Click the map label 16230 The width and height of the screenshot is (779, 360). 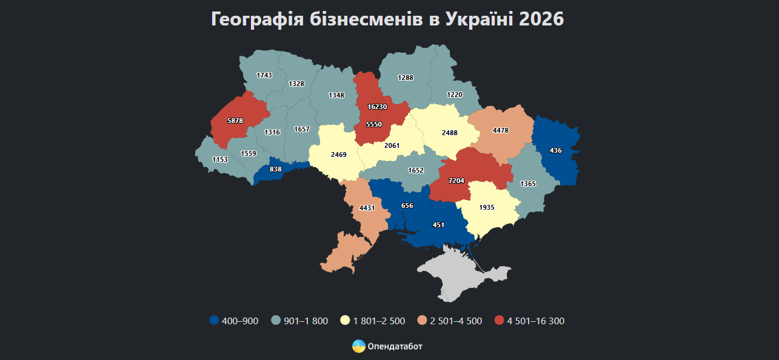[377, 107]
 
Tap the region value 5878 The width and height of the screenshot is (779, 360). [235, 121]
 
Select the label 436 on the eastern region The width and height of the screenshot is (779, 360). [555, 150]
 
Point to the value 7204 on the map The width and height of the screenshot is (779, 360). [456, 181]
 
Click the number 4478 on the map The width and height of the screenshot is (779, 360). [501, 130]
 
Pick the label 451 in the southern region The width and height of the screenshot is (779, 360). [438, 225]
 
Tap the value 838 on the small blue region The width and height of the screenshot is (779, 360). [275, 169]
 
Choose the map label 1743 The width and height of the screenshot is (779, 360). [264, 75]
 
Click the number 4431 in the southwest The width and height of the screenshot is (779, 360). [367, 208]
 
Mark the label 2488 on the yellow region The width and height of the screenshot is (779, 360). [449, 133]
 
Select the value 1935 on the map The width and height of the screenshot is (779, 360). [486, 207]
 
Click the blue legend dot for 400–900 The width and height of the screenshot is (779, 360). [213, 321]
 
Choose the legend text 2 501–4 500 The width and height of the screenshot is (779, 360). [456, 321]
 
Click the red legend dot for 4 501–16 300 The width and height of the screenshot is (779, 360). [499, 321]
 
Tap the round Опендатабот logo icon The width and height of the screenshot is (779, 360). [358, 346]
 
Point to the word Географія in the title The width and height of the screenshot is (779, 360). [258, 19]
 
